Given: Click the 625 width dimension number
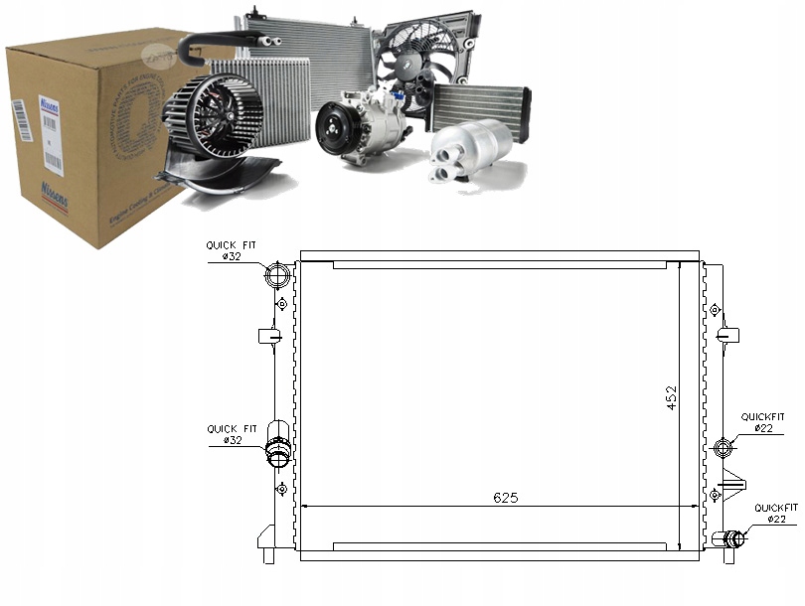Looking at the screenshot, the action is tap(504, 497).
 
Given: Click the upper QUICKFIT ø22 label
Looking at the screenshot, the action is tap(762, 422).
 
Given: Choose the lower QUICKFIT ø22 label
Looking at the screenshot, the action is tap(775, 513).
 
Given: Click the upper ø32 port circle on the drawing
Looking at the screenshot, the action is tap(280, 275).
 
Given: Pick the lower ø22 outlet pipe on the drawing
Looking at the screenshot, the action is tap(730, 539).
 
